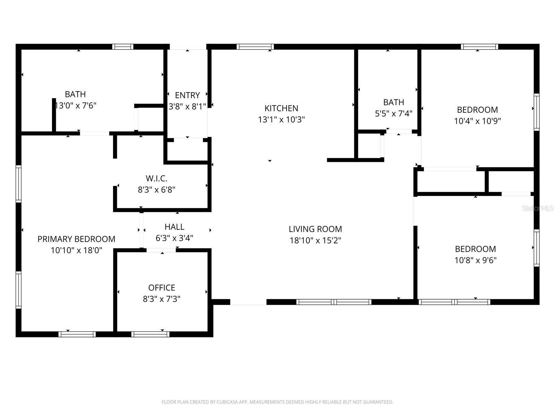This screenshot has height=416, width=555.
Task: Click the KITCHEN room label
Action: (281, 108)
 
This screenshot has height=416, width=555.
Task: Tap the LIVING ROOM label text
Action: (315, 229)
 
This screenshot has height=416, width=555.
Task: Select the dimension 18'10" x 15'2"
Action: (315, 240)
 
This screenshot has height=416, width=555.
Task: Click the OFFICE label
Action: (162, 288)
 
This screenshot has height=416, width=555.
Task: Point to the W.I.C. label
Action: (156, 179)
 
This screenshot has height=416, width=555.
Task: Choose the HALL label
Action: (174, 227)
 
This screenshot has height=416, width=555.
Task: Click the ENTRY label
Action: (187, 95)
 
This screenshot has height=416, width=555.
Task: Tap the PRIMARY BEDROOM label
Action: (76, 239)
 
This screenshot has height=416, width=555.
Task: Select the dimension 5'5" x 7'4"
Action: (393, 113)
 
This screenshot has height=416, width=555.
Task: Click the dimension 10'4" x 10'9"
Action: (477, 121)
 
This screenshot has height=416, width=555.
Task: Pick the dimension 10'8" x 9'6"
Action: (475, 260)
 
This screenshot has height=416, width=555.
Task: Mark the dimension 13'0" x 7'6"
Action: (76, 105)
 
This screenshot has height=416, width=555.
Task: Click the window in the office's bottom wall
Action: (150, 334)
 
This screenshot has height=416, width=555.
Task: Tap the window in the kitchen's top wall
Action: (255, 46)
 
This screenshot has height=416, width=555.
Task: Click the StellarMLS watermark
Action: (538, 208)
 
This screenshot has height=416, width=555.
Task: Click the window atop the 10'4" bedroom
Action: (479, 46)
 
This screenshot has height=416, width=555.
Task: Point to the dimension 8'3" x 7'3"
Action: (162, 299)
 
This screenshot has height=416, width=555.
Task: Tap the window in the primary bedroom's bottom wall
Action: (77, 334)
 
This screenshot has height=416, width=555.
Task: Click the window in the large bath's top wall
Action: (122, 46)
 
